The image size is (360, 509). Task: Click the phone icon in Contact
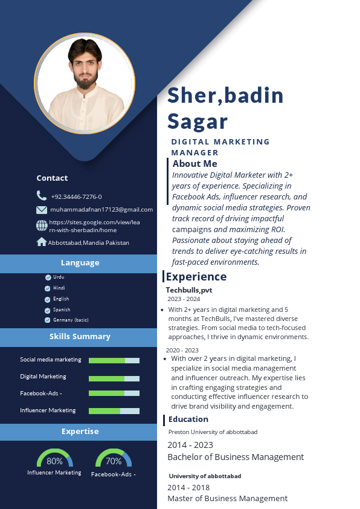pos(41,195)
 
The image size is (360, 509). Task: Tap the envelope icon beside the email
pos(42,210)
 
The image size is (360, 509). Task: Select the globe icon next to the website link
pos(42,225)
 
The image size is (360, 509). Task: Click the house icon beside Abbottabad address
pos(42,242)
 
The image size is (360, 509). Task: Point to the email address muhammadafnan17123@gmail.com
pos(101,210)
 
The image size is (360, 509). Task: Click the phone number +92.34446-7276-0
pos(76,196)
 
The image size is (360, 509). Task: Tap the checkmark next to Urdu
pos(48,277)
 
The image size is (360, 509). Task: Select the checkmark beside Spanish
pos(48,310)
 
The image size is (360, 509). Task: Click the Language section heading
pos(80,262)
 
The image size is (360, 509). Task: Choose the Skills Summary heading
pos(80,336)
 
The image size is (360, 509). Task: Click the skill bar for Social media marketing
pos(114,360)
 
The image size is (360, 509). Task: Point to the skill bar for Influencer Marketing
pos(114,411)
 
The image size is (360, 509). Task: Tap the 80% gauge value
pos(54,461)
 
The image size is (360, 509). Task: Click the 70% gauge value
pos(114,461)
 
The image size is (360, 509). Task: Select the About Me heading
pos(194,163)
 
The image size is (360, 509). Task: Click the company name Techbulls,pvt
pos(189,290)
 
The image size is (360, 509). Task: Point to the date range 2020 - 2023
pos(182,350)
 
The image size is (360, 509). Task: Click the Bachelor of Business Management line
pos(236,457)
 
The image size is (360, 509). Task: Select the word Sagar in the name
pos(198,121)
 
